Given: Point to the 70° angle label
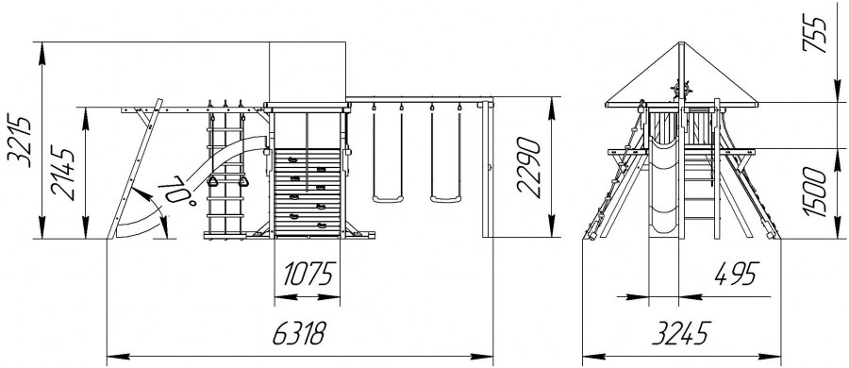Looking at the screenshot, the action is pyautogui.click(x=178, y=190).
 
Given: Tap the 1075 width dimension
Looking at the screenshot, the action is pyautogui.click(x=308, y=275).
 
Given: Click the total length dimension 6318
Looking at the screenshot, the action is pyautogui.click(x=299, y=333).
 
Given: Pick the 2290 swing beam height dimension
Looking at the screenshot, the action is pyautogui.click(x=528, y=167).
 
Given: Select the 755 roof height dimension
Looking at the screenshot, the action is pyautogui.click(x=815, y=34).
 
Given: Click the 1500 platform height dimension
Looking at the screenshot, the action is pyautogui.click(x=815, y=192).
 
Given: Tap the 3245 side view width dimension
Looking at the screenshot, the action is pyautogui.click(x=681, y=333).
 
